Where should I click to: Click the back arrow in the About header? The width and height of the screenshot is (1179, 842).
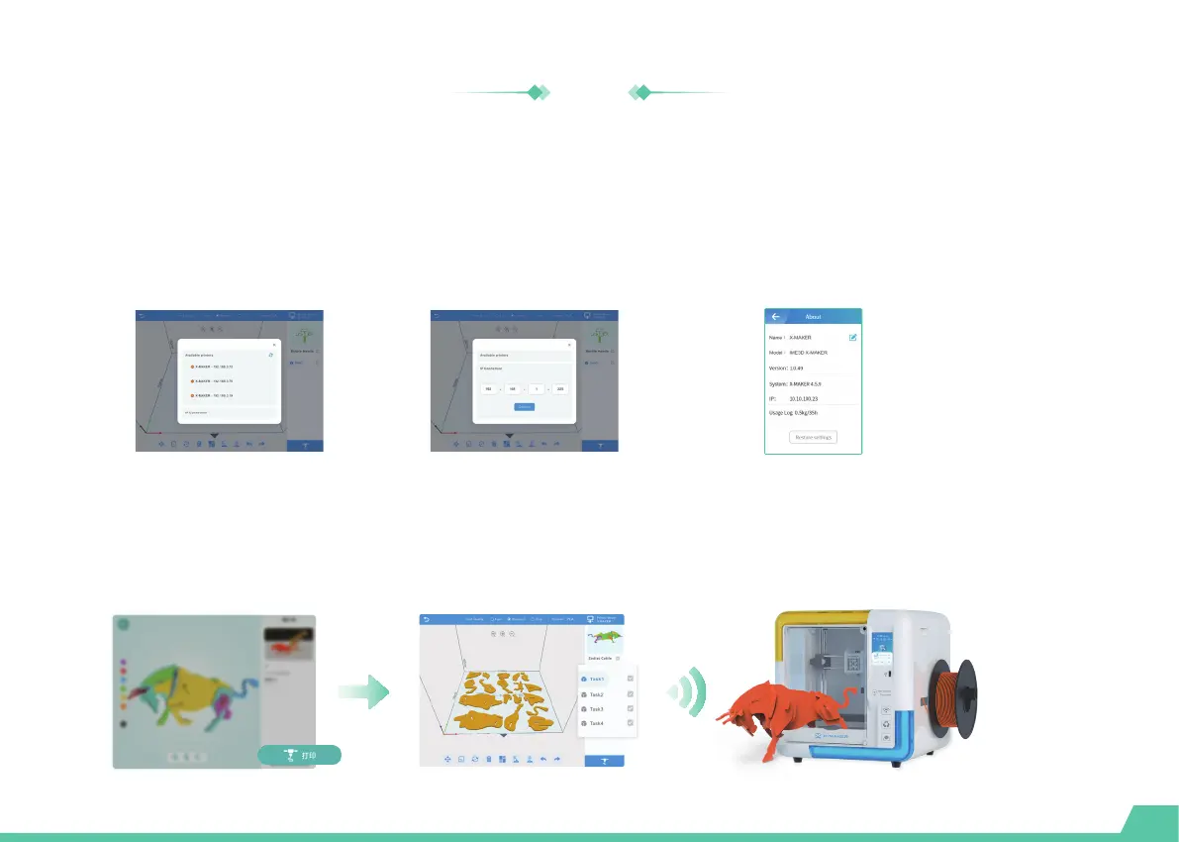(776, 317)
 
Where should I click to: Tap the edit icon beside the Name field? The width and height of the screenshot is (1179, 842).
(852, 338)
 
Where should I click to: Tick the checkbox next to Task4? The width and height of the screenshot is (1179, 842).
(630, 724)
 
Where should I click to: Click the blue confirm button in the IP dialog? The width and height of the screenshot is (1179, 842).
(525, 406)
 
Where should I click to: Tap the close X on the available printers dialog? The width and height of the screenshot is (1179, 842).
(274, 346)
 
